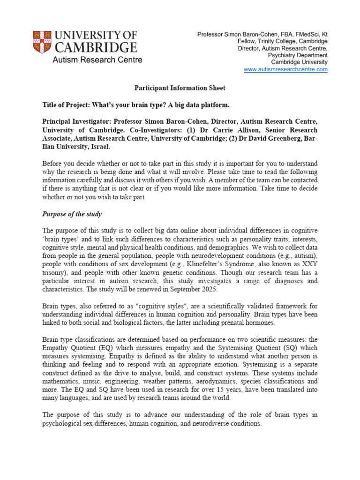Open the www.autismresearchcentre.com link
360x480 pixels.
coord(285,69)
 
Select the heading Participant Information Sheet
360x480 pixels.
coord(180,88)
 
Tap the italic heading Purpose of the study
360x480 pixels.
coord(72,214)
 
